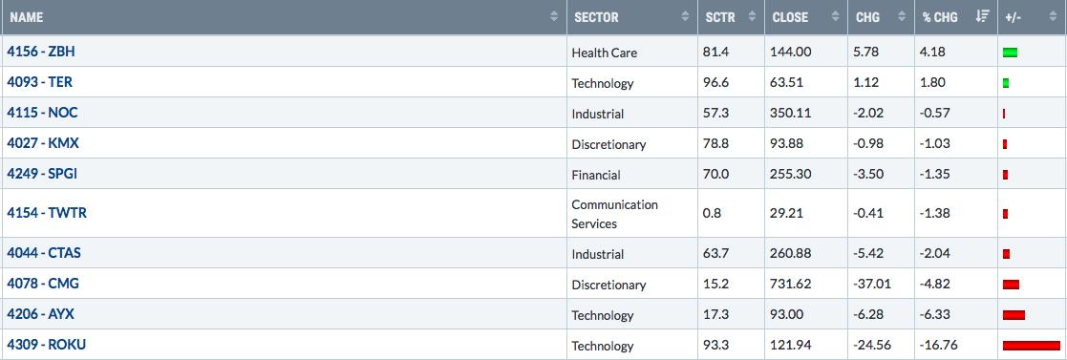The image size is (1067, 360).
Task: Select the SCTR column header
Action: [720, 18]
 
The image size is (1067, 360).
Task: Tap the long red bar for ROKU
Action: [1031, 345]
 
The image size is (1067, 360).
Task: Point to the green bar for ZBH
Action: [1010, 53]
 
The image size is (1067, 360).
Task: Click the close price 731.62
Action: [791, 284]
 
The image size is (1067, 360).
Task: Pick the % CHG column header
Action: [940, 18]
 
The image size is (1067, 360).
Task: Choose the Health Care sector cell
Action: [605, 53]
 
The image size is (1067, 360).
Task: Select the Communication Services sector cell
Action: [614, 214]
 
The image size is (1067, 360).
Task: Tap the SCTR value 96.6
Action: [715, 82]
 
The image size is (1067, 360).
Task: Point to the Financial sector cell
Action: [596, 175]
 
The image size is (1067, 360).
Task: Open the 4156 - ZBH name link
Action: [41, 51]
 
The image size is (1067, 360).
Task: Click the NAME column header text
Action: [27, 18]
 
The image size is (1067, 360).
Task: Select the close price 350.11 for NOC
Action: [791, 113]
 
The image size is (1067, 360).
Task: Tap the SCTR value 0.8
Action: [711, 213]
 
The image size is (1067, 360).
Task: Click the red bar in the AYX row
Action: [1014, 314]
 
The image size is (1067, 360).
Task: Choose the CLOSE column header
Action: [789, 18]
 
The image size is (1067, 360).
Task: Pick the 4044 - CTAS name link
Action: [44, 253]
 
